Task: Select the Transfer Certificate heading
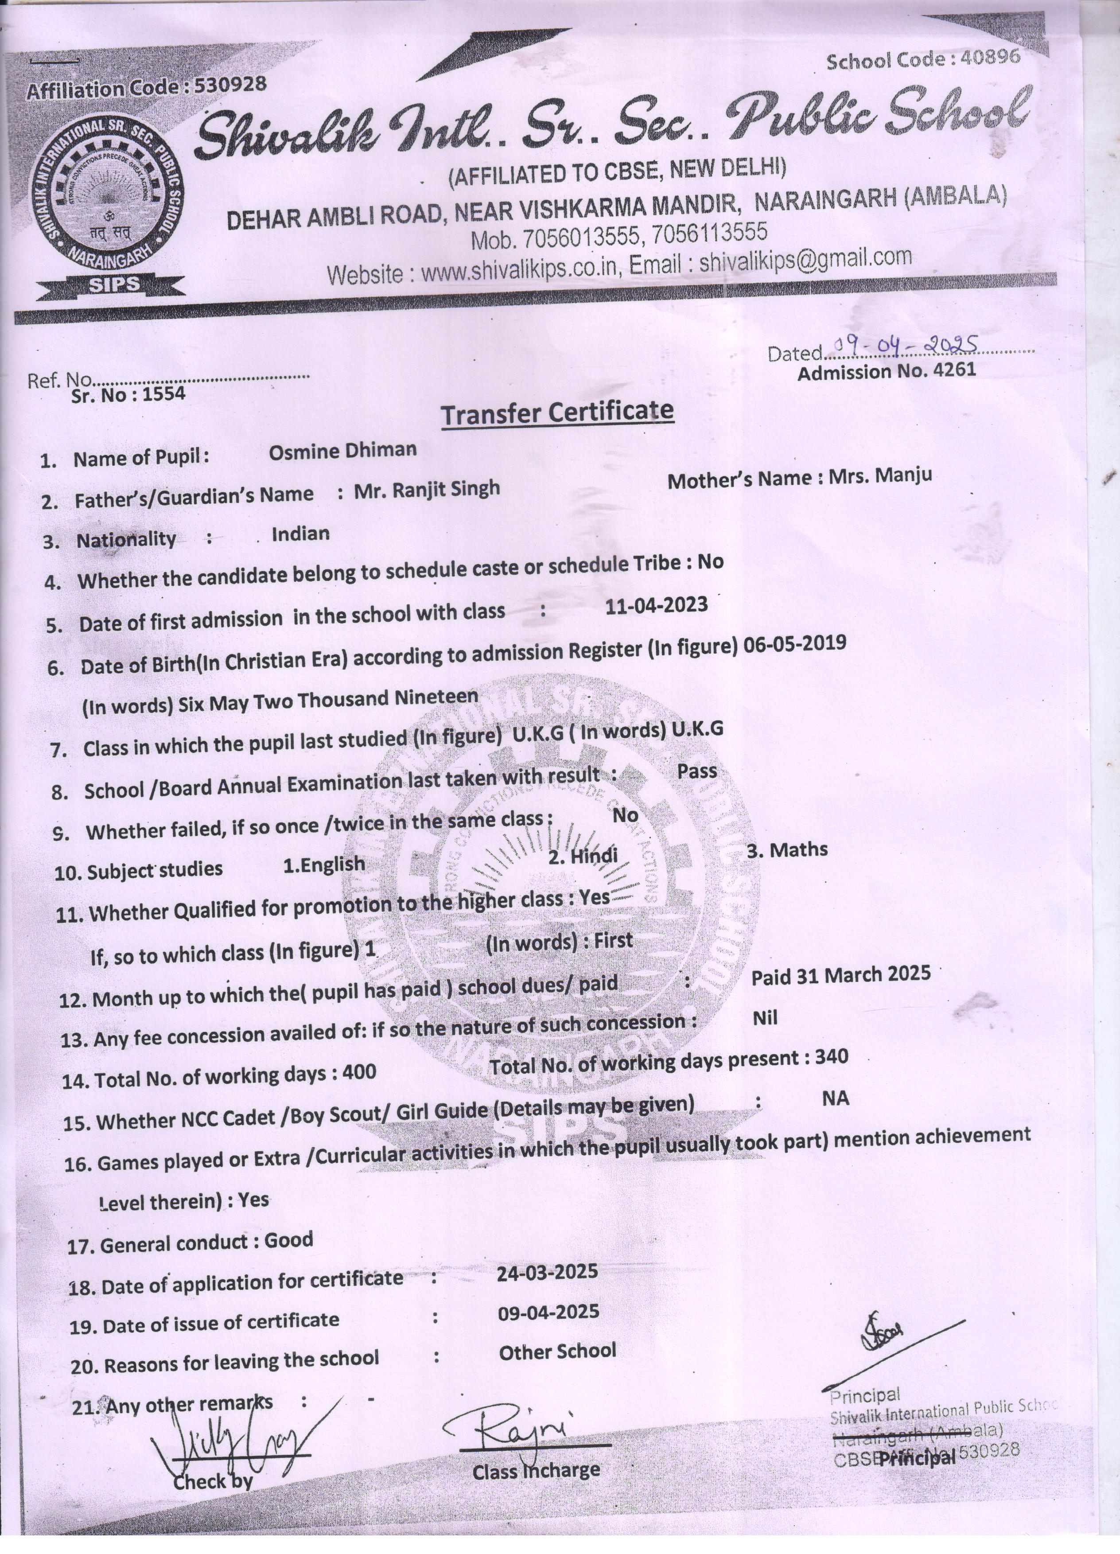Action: click(x=557, y=413)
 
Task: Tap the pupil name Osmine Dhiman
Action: click(x=342, y=450)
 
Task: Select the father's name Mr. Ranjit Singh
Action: click(x=427, y=489)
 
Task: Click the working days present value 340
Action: click(x=832, y=1056)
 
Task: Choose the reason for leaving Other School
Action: click(x=557, y=1351)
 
